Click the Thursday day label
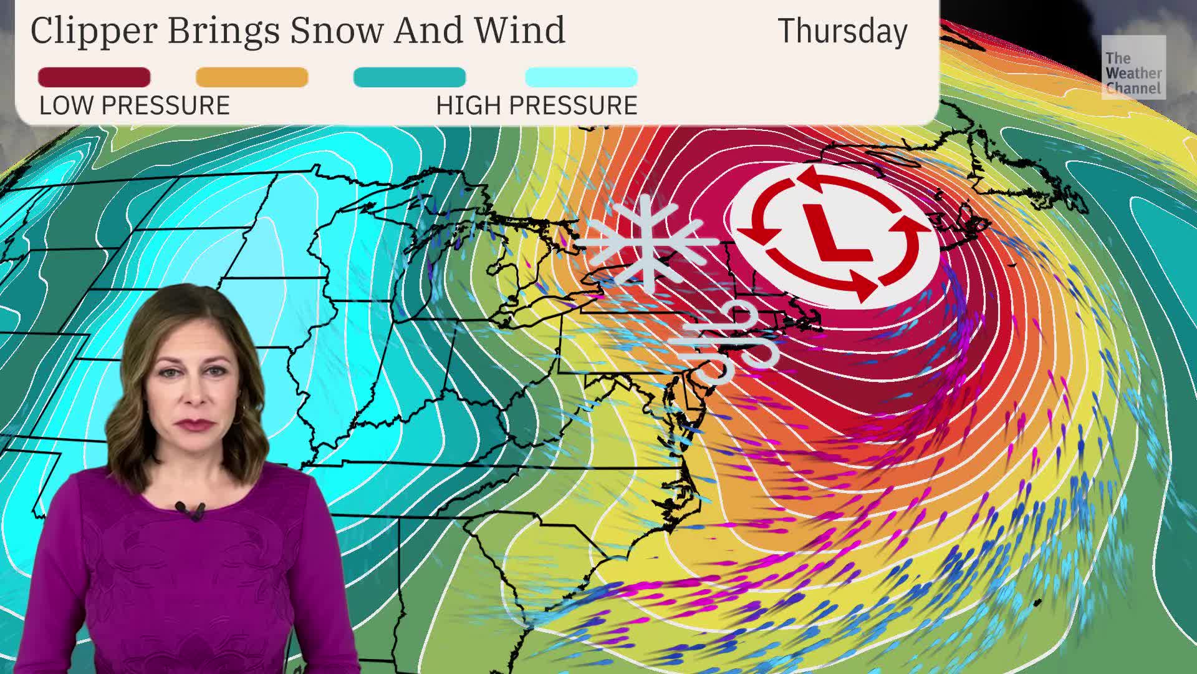pyautogui.click(x=842, y=31)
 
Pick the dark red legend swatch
pyautogui.click(x=94, y=77)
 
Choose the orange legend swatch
pyautogui.click(x=252, y=77)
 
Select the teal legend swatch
pyautogui.click(x=409, y=77)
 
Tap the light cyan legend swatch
pyautogui.click(x=581, y=77)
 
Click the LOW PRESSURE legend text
pyautogui.click(x=135, y=105)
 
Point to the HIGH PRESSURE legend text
pyautogui.click(x=537, y=105)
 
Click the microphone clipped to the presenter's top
pyautogui.click(x=191, y=511)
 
